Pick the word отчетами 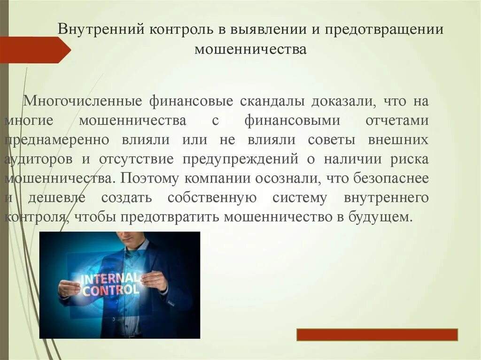click(396, 121)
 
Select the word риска click(409, 159)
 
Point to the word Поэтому click(147, 178)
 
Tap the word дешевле click(56, 198)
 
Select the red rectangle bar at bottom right click(377, 335)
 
